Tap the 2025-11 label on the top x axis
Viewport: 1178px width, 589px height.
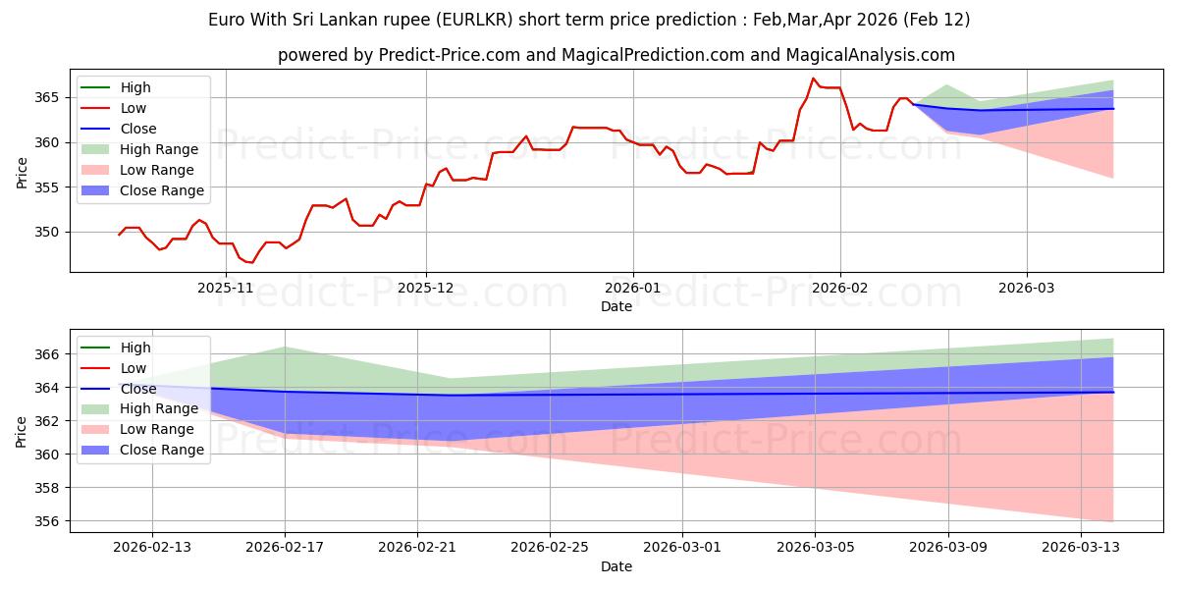(226, 287)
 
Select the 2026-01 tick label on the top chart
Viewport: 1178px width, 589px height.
(632, 287)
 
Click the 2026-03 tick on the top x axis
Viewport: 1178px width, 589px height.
(1027, 287)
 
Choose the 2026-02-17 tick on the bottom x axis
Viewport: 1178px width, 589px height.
(285, 547)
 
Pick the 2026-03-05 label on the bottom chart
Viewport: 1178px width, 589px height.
(815, 547)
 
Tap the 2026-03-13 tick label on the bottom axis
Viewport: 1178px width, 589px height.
(1080, 547)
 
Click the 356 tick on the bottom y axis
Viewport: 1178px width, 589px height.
(47, 521)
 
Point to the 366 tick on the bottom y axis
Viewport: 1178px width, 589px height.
(47, 353)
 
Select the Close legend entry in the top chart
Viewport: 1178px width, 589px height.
(137, 129)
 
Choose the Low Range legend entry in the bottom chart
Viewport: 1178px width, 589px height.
(157, 430)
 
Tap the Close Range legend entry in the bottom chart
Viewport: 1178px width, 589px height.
(161, 451)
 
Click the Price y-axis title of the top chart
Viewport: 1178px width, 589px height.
(22, 172)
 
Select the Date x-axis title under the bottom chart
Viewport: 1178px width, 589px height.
(616, 566)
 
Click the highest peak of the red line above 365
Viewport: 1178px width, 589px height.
(813, 79)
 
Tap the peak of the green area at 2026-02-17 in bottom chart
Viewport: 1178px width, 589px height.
(285, 347)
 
